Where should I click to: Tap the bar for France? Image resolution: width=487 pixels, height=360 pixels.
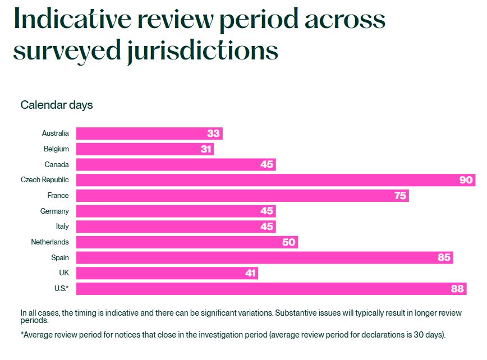(x=241, y=196)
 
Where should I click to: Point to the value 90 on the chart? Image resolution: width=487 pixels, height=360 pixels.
(x=466, y=180)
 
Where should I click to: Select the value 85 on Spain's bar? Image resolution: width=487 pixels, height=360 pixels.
(x=443, y=258)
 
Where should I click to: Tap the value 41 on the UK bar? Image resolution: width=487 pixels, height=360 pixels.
(x=249, y=273)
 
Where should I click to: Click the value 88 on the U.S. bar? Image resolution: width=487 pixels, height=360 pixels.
(x=457, y=289)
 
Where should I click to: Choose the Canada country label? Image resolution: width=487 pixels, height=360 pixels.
(x=57, y=165)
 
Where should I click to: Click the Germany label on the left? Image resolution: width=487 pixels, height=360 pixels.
(x=54, y=211)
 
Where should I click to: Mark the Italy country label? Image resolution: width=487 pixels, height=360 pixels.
(x=62, y=227)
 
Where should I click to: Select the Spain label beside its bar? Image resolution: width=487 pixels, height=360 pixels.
(x=60, y=258)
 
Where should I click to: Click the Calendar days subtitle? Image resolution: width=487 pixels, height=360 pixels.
(x=57, y=105)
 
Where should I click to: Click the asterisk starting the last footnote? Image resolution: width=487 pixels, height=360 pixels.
(x=22, y=335)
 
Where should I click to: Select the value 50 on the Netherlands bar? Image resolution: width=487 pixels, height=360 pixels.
(x=289, y=242)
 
